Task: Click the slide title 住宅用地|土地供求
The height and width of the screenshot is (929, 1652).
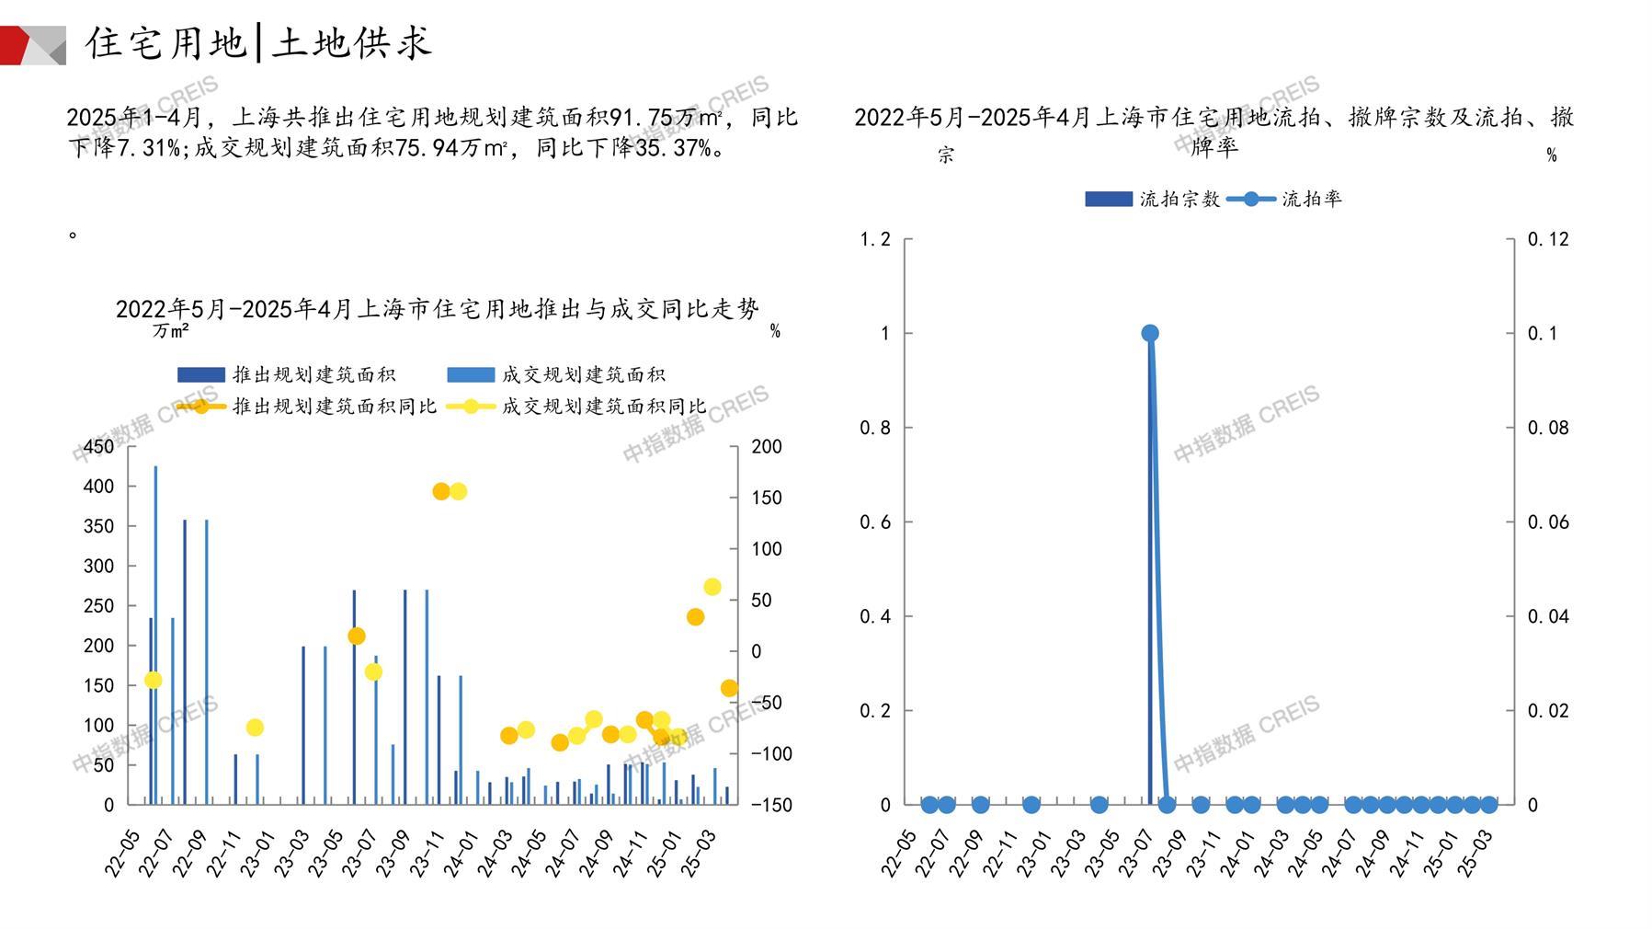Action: [x=258, y=43]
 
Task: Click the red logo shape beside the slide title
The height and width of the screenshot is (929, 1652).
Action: [x=16, y=45]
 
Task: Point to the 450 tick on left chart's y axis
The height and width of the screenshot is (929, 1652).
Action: [x=99, y=447]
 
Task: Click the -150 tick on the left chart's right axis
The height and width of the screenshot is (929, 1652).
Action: [x=770, y=805]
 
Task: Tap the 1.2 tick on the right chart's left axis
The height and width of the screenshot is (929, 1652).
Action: [x=875, y=239]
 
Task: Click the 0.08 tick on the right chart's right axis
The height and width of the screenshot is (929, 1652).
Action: [x=1548, y=428]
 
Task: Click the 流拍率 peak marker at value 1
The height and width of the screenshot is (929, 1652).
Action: [x=1149, y=333]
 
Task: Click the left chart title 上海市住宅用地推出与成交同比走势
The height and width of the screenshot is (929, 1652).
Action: [x=438, y=309]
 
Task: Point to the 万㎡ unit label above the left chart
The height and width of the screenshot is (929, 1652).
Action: [x=171, y=330]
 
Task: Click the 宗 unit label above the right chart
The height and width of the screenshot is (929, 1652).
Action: [x=946, y=155]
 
